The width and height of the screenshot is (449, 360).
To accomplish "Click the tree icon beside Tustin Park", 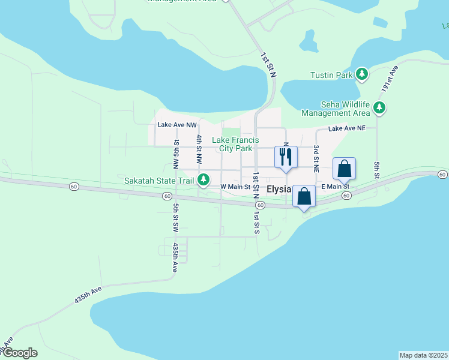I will click(362, 74).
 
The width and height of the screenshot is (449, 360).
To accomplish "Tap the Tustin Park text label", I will click(331, 76).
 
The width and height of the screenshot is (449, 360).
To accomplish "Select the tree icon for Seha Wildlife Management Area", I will click(379, 108).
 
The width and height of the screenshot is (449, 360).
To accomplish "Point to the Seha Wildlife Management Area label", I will click(336, 109).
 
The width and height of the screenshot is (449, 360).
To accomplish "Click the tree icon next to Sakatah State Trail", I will click(204, 179).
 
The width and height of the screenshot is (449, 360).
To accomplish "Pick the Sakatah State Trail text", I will click(158, 180).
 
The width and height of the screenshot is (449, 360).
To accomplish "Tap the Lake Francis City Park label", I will click(235, 144).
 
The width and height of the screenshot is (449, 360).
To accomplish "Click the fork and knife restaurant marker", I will click(286, 157).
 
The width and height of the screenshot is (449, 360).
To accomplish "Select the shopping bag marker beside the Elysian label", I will click(304, 196).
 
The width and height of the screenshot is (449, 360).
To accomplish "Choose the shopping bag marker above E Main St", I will click(344, 169).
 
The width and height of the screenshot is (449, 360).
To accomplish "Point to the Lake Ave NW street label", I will click(177, 125).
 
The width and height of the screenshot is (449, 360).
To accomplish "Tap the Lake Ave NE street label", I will click(346, 129).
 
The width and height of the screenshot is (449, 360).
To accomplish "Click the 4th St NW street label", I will click(199, 150).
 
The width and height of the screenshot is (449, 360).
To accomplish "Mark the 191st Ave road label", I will click(393, 79).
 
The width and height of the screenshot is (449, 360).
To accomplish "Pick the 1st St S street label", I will click(256, 222).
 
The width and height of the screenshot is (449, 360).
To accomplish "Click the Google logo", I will click(19, 353).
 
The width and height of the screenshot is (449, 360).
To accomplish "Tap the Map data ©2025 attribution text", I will click(423, 355).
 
